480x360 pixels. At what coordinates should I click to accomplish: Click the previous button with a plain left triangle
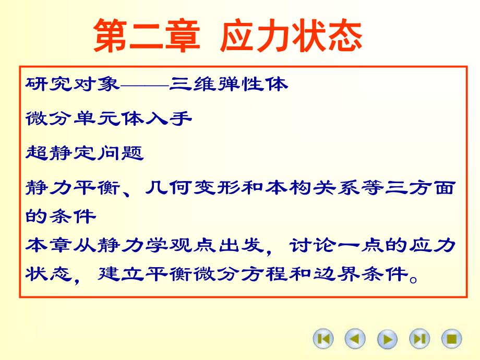pyautogui.click(x=355, y=339)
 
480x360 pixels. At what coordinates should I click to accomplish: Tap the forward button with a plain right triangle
pyautogui.click(x=387, y=339)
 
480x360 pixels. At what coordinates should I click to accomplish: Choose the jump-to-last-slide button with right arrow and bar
pyautogui.click(x=419, y=339)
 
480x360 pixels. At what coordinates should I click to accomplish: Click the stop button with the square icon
pyautogui.click(x=452, y=339)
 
